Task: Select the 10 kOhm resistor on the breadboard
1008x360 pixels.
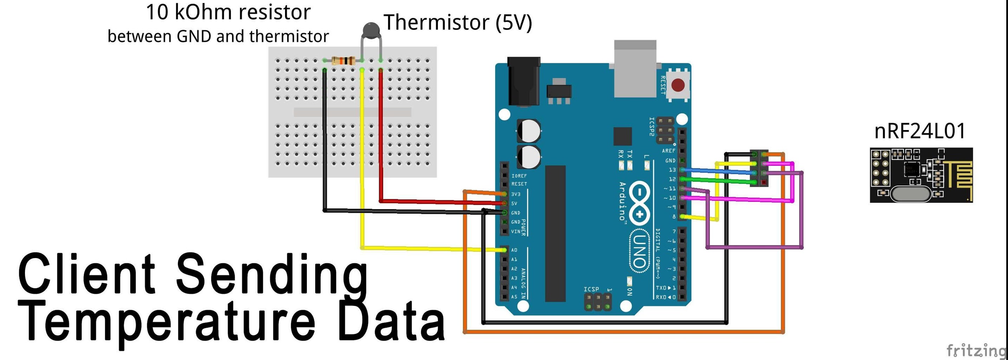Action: [343, 61]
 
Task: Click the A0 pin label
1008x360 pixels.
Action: [514, 250]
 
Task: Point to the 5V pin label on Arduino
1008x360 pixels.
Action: [514, 204]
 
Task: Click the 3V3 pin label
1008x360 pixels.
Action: [516, 194]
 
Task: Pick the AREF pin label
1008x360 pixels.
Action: [668, 151]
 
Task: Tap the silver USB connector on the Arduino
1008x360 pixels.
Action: [635, 69]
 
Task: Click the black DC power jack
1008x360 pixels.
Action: [524, 82]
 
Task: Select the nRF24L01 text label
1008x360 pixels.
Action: [919, 131]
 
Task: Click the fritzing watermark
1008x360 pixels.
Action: [976, 350]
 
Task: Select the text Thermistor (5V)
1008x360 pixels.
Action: [458, 22]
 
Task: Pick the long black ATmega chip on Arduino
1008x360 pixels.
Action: [555, 233]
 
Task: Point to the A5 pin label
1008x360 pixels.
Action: [514, 297]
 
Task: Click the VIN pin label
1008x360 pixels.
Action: [516, 231]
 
